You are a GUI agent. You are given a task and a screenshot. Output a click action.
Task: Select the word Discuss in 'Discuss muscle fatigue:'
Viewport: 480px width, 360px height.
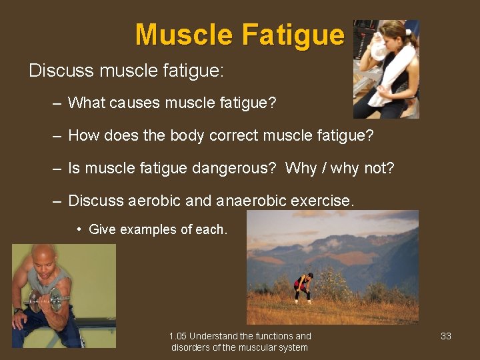pyautogui.click(x=59, y=71)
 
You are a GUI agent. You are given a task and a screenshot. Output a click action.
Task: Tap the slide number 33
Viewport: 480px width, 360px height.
pyautogui.click(x=446, y=336)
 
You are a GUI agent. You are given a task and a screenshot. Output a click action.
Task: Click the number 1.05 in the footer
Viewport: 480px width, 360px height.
pyautogui.click(x=179, y=336)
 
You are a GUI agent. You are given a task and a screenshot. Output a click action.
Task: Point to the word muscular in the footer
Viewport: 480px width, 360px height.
pyautogui.click(x=251, y=347)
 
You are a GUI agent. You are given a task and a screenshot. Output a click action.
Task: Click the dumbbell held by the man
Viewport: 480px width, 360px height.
pyautogui.click(x=45, y=299)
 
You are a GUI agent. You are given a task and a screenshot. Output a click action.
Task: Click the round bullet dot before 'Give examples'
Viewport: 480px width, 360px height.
pyautogui.click(x=79, y=230)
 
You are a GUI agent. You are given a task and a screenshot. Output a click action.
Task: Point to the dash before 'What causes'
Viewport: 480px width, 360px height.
pyautogui.click(x=57, y=103)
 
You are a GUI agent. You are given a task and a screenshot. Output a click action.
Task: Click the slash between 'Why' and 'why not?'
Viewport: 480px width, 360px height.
pyautogui.click(x=323, y=168)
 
